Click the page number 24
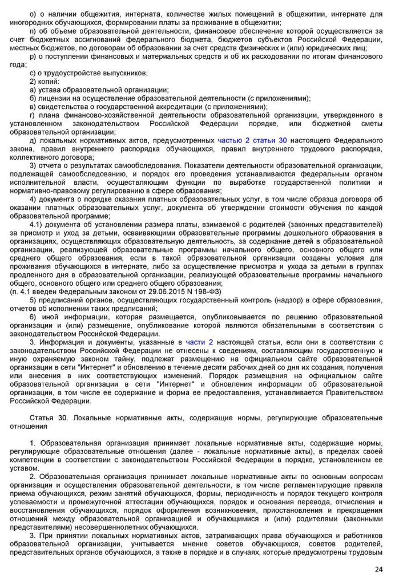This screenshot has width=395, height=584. tap(379, 570)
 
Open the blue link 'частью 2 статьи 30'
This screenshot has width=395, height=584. tap(252, 140)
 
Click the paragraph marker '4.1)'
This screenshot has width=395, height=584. tap(37, 225)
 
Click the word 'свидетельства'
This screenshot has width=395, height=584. tap(62, 107)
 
